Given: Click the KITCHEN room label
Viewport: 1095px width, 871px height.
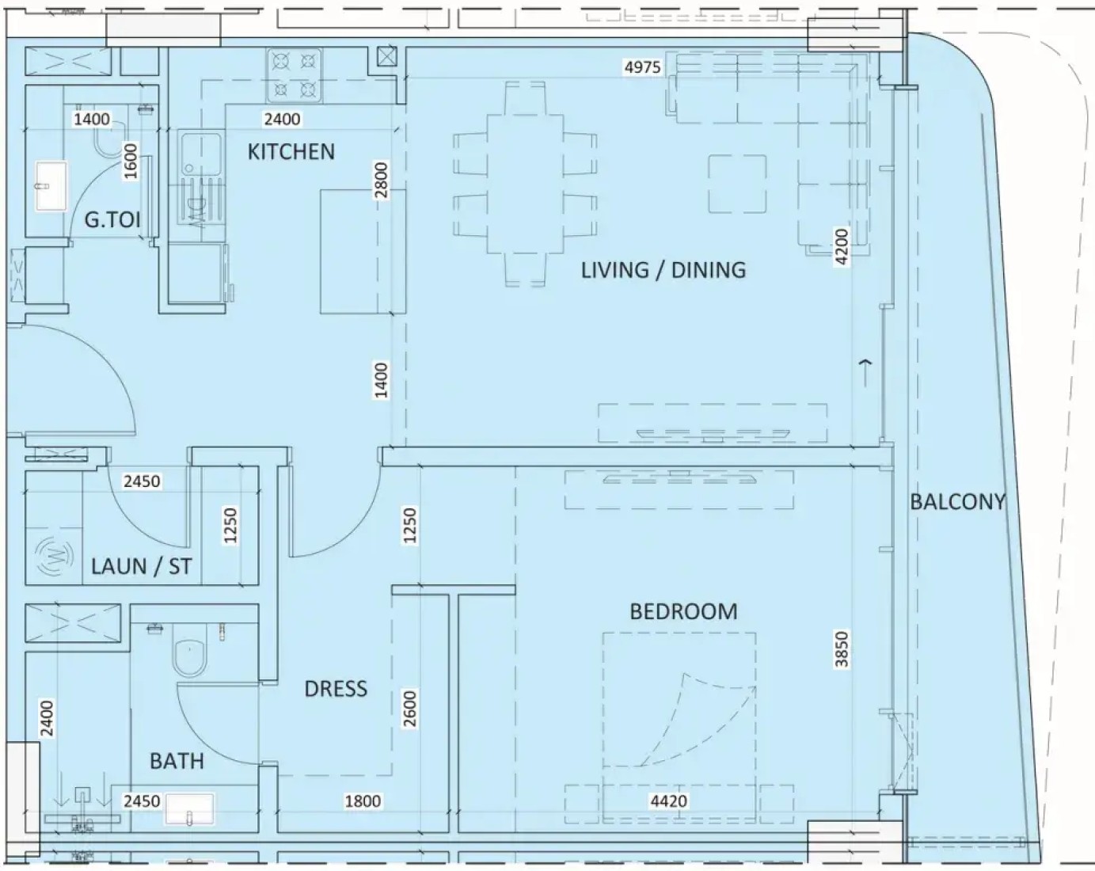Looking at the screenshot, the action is (291, 152).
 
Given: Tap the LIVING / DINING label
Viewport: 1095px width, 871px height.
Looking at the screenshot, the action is (663, 270).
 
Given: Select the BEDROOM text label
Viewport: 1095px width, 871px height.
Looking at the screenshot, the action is (683, 611).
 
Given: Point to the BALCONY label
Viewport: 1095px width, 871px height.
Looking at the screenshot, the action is (957, 502).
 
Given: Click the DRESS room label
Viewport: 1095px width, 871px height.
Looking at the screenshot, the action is (336, 689).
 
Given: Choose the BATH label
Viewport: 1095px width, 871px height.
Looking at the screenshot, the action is (177, 761).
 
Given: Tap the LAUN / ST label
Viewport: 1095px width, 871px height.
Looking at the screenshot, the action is (142, 566).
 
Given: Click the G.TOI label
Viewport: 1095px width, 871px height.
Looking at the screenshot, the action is (112, 220).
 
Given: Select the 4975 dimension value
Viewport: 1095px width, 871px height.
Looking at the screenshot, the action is (643, 67).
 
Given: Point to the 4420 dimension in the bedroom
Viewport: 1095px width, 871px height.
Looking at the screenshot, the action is (668, 801).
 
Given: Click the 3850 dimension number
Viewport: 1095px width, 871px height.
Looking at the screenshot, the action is (842, 649).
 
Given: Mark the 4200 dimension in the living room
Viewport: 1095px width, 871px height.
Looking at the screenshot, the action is (842, 247).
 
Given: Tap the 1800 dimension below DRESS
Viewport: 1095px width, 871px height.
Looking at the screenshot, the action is (363, 801).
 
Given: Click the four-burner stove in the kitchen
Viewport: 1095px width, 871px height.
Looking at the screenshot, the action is (295, 75).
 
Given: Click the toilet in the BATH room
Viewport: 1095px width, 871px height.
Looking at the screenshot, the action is (188, 655).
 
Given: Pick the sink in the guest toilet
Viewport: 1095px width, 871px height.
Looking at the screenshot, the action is (51, 186).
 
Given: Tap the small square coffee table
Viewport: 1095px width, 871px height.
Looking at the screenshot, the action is (737, 184).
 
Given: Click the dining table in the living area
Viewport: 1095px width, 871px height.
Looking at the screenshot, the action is (525, 184).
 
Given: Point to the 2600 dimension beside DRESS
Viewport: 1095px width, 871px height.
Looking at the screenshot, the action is (409, 709).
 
